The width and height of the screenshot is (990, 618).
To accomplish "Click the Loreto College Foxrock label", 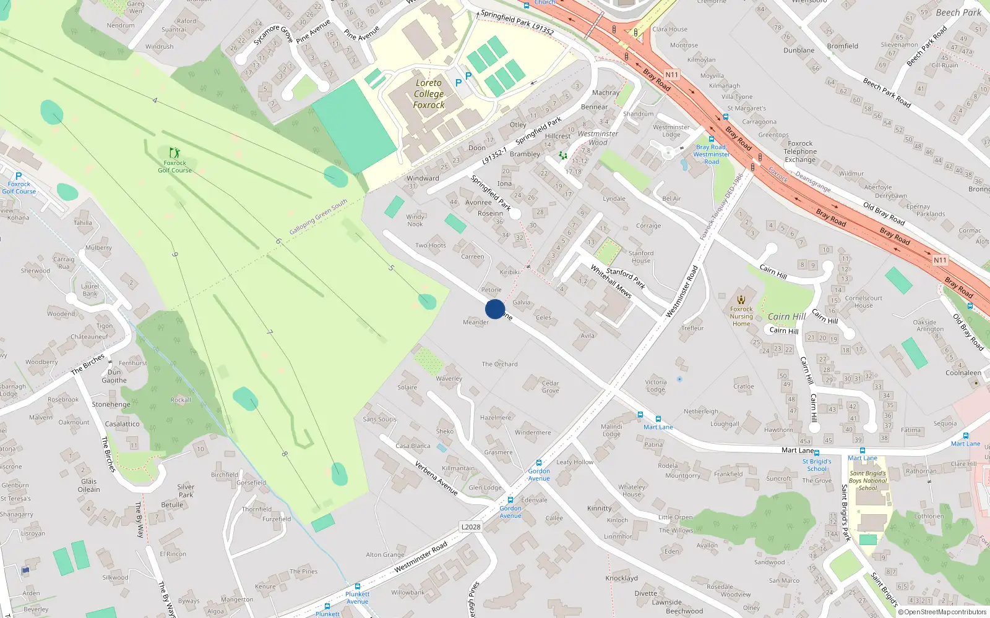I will [x=429, y=94].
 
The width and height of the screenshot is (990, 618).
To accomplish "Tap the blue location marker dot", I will [x=495, y=309].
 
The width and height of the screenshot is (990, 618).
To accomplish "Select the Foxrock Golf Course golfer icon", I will [x=175, y=152].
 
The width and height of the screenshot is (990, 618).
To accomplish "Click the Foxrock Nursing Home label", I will [x=741, y=316].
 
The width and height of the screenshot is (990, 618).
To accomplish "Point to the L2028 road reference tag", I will [x=471, y=527].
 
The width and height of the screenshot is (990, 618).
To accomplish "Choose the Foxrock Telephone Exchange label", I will [x=800, y=151].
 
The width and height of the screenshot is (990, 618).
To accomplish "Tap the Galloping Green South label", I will [x=319, y=217].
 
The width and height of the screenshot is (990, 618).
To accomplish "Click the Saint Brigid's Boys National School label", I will [x=867, y=481].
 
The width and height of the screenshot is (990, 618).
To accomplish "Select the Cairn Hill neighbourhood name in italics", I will [x=786, y=316].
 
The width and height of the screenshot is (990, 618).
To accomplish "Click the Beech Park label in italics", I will [x=958, y=12].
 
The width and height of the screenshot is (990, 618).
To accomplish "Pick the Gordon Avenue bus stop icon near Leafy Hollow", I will [x=539, y=462].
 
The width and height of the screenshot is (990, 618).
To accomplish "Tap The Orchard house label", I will [x=499, y=364].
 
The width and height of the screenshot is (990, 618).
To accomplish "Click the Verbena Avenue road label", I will [x=436, y=478].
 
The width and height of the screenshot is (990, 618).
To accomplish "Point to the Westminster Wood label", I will [x=598, y=138].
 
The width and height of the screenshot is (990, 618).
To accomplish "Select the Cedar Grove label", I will [x=550, y=387].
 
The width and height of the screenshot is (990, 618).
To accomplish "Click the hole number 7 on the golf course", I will [x=269, y=332].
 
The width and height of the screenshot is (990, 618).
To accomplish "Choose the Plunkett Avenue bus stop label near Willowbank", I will [x=357, y=598].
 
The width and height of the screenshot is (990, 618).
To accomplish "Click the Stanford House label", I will [x=641, y=256].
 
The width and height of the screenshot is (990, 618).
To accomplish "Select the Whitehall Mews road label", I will [x=611, y=281].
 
